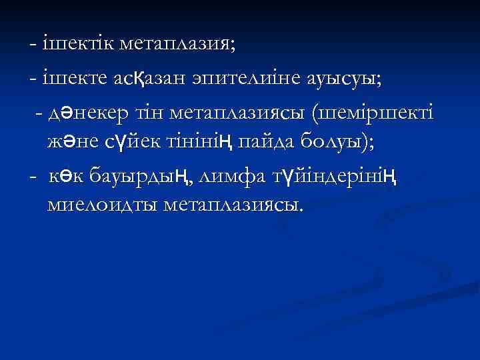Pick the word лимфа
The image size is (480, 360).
233,176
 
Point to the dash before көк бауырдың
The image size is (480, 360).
33,177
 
